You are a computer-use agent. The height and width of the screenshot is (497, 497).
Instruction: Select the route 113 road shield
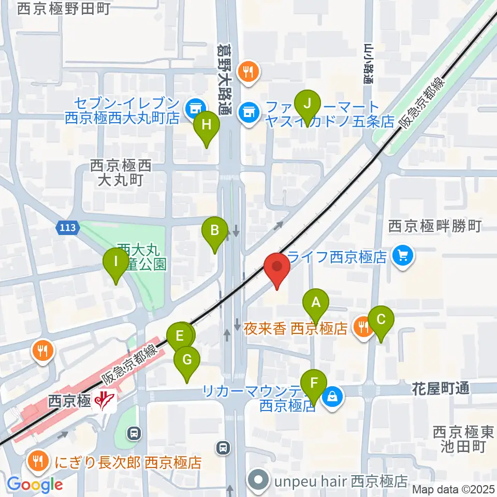67,227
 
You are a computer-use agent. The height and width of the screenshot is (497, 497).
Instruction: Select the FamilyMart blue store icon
249,111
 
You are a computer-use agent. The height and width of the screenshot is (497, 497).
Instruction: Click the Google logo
35,485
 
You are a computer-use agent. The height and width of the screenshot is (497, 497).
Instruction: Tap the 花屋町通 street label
441,388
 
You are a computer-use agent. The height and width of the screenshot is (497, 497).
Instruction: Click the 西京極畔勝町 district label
435,226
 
